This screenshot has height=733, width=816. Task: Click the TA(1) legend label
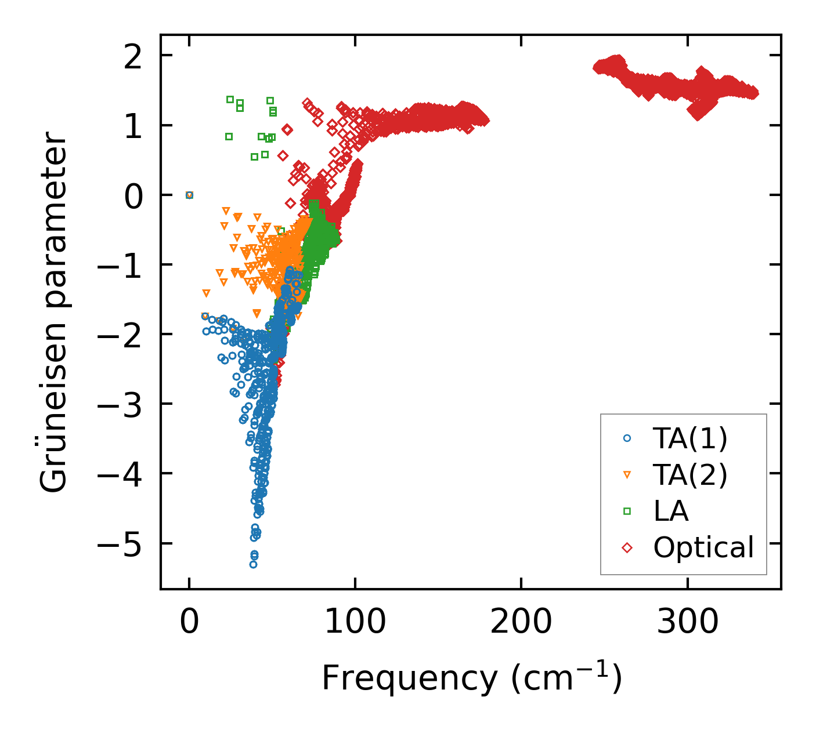689,438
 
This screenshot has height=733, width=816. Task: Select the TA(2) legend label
689,475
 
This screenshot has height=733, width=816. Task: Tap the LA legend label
671,511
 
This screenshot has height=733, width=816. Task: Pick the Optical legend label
703,547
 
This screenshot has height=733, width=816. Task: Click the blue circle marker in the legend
627,438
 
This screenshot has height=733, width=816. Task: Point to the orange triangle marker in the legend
627,475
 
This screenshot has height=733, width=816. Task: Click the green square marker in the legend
627,511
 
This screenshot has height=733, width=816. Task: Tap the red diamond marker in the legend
627,547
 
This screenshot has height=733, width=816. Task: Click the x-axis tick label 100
355,622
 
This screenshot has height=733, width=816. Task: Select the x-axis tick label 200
521,622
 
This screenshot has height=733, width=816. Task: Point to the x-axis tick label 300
687,622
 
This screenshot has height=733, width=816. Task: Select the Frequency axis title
471,677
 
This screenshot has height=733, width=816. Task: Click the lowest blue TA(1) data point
253,564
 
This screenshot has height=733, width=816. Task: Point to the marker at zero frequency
189,195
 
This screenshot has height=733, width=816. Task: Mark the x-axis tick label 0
189,622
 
